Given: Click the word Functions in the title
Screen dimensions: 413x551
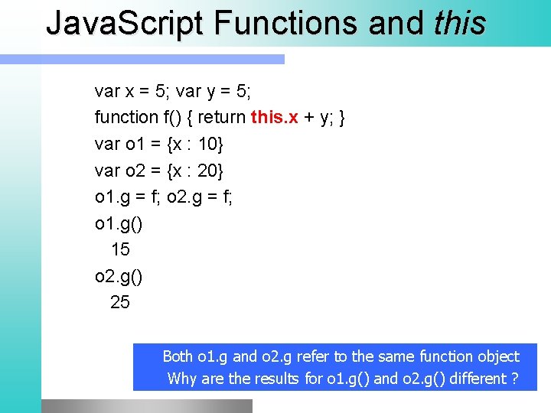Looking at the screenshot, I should click(286, 23).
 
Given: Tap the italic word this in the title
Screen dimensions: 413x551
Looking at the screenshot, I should click(458, 23).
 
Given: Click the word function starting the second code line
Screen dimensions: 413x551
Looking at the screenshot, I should click(126, 118).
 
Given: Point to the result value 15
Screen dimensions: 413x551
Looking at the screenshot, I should click(120, 249).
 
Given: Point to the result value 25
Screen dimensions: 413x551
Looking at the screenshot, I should click(120, 302).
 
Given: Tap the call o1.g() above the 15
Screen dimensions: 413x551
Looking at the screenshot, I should click(118, 223).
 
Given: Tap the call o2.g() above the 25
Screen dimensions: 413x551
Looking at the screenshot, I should click(118, 276).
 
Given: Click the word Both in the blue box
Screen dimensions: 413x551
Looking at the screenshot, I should click(178, 356).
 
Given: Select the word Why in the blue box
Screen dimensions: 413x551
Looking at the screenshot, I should click(181, 379).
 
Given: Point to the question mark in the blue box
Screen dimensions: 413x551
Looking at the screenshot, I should click(515, 379).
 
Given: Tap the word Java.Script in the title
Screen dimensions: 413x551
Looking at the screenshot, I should click(126, 23).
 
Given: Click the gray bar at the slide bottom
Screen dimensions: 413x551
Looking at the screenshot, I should click(146, 405).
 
